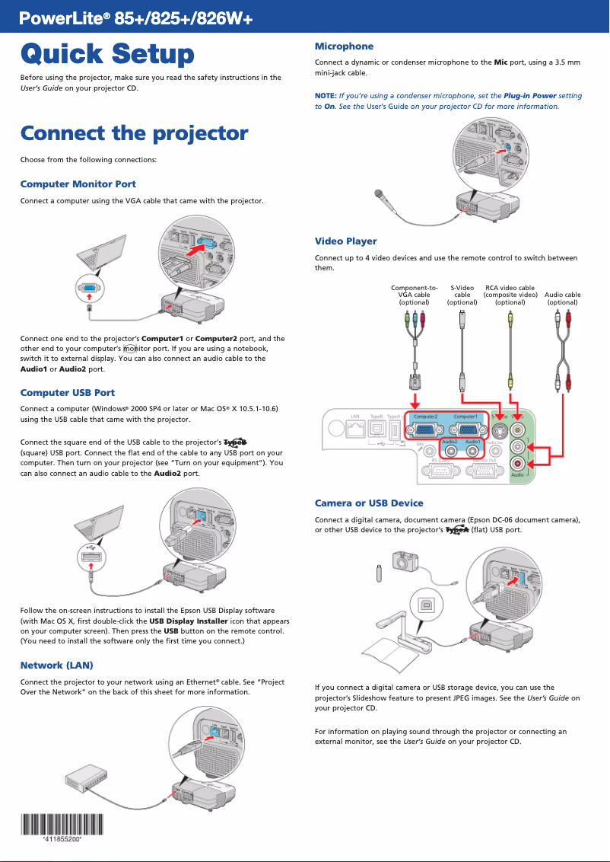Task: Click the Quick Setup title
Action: click(x=107, y=55)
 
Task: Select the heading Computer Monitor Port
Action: click(x=78, y=184)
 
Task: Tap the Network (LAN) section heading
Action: click(x=56, y=666)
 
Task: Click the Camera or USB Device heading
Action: click(x=369, y=503)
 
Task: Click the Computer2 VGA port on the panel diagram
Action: click(x=425, y=430)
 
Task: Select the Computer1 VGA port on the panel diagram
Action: click(x=465, y=430)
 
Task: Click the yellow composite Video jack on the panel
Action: click(x=518, y=429)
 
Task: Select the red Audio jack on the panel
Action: click(x=518, y=463)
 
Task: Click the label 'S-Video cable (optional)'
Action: click(x=462, y=295)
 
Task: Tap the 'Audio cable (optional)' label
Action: click(x=562, y=299)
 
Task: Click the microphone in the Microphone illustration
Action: click(x=380, y=196)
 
